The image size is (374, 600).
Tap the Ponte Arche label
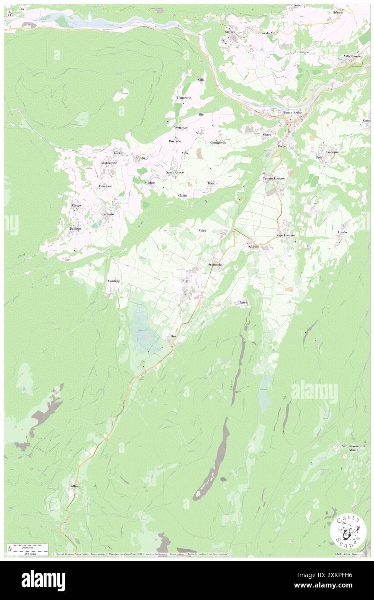[293, 113]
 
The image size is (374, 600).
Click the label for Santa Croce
[175, 173]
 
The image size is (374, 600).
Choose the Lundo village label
[342, 232]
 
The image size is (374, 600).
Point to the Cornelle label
[114, 281]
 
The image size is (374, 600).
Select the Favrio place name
[244, 303]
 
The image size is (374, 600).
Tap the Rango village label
[76, 205]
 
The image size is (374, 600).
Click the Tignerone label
[184, 98]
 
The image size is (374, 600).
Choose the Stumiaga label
[215, 264]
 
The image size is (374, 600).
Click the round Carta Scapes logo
[348, 531]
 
